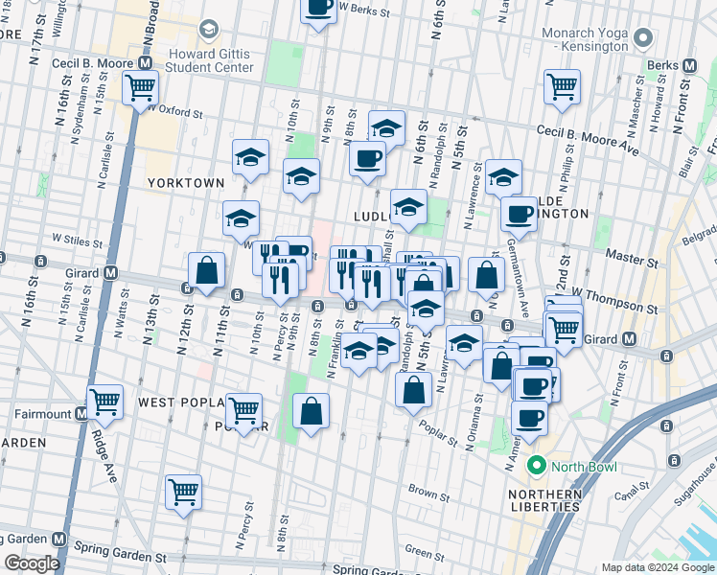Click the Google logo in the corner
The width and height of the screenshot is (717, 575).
[x=32, y=563]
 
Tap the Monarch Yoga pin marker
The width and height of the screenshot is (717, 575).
[x=644, y=38]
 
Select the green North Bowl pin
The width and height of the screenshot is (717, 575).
[x=535, y=467]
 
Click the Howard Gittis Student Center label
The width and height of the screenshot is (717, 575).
[x=210, y=60]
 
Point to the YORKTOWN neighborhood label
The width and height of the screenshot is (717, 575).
[x=186, y=182]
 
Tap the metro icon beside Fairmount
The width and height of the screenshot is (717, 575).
[x=82, y=414]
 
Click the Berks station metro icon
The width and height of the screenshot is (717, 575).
[x=687, y=64]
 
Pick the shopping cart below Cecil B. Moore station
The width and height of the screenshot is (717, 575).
[x=140, y=87]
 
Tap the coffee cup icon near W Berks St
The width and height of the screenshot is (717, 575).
[x=319, y=9]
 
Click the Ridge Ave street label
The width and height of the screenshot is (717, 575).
[x=104, y=449]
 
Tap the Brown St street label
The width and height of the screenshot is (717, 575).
[x=423, y=490]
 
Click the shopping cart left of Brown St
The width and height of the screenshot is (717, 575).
[x=182, y=493]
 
